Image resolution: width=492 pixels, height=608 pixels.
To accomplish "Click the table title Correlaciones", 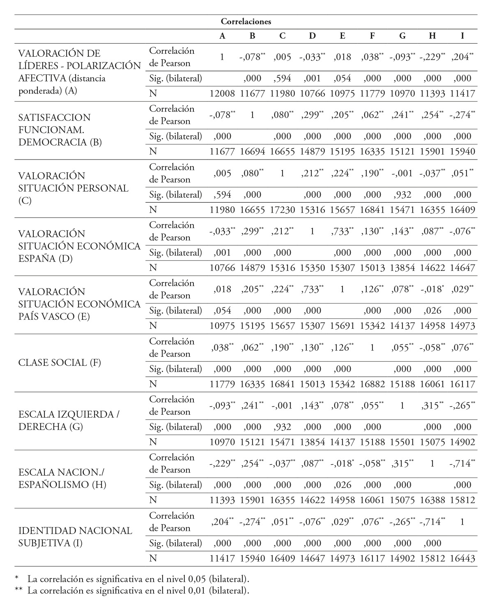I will click(246, 22).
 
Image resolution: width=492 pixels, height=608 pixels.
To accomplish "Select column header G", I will click(402, 36).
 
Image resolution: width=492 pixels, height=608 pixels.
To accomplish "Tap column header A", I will click(222, 36).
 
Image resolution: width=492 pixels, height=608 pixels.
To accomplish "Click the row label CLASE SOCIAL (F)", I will click(60, 363).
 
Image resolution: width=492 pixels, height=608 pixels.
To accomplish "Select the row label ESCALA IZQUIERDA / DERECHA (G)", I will click(69, 421).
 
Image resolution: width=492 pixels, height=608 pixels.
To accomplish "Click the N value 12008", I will click(222, 93).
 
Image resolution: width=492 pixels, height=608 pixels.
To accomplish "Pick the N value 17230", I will click(282, 210).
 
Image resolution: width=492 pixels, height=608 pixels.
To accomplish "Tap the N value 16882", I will click(372, 384).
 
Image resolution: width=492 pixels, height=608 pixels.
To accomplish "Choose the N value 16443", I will click(462, 558).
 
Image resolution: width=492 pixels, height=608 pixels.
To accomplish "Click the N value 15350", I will click(312, 268).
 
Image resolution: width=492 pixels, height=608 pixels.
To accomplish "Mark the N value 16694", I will click(252, 151).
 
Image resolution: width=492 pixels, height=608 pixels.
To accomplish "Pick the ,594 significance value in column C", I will click(282, 78).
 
